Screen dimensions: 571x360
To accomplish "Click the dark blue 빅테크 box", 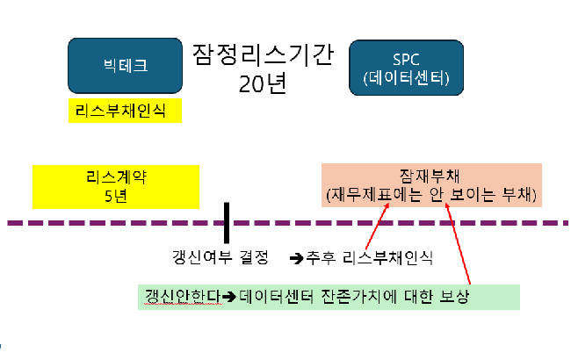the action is (125, 65).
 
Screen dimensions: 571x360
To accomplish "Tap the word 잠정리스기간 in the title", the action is (263, 55).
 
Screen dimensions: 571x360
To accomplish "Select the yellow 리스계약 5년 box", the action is (116, 185).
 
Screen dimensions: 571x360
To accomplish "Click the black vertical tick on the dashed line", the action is (227, 223).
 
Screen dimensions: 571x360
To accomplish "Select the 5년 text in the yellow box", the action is (116, 195).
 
